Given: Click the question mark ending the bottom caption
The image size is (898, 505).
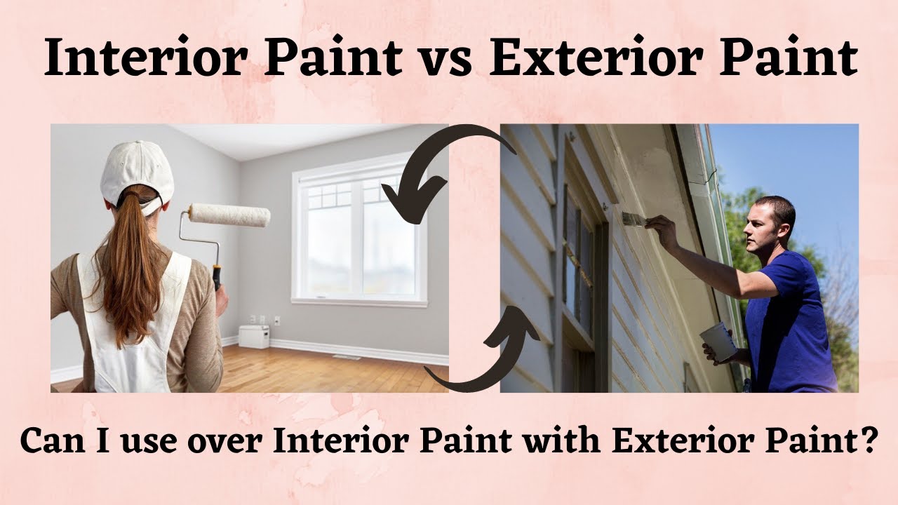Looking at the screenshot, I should pos(869,440).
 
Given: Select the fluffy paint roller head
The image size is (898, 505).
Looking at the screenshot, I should pos(229,215).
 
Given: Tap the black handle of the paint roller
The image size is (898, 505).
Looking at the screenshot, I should pos(217,277).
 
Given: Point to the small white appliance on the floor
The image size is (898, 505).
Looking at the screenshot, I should pos(253,336).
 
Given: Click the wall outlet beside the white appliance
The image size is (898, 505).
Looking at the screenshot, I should pos(276,320).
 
